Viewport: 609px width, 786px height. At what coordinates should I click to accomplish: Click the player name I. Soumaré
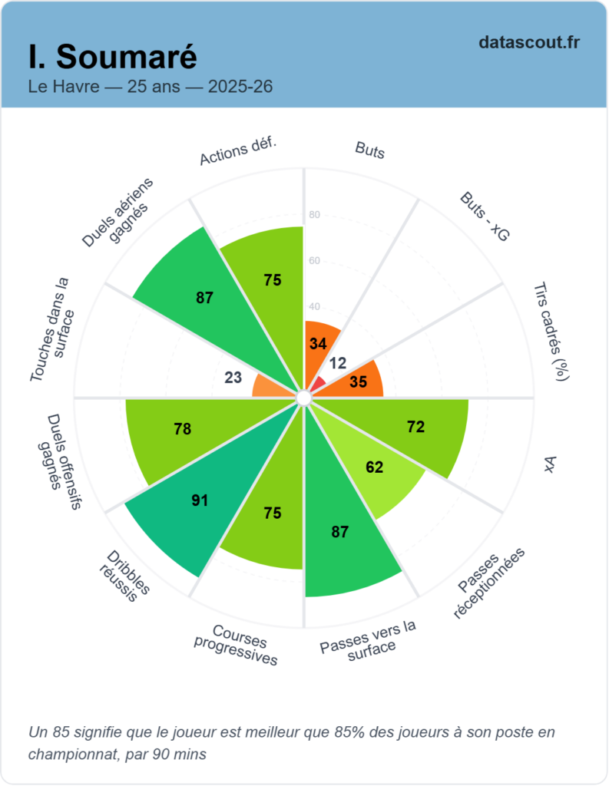(113, 56)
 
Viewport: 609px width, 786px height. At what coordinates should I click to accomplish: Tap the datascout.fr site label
(528, 42)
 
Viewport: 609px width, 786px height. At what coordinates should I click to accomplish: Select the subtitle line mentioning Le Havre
(150, 86)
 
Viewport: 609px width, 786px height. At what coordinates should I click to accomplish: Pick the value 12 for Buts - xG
(338, 362)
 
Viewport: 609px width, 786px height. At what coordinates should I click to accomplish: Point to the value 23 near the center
(233, 377)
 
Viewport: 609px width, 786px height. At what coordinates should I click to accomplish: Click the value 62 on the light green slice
(374, 467)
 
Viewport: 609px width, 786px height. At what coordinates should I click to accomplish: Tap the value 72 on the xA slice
(415, 428)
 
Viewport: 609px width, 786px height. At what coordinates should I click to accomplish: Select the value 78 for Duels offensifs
(183, 429)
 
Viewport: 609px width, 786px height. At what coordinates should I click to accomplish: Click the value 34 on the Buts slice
(318, 343)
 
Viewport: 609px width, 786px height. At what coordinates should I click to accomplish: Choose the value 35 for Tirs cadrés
(358, 381)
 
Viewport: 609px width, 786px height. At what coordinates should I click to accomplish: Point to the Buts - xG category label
(485, 218)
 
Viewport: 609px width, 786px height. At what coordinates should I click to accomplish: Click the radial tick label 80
(314, 215)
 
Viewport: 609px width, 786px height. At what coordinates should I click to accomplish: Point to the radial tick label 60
(314, 261)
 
